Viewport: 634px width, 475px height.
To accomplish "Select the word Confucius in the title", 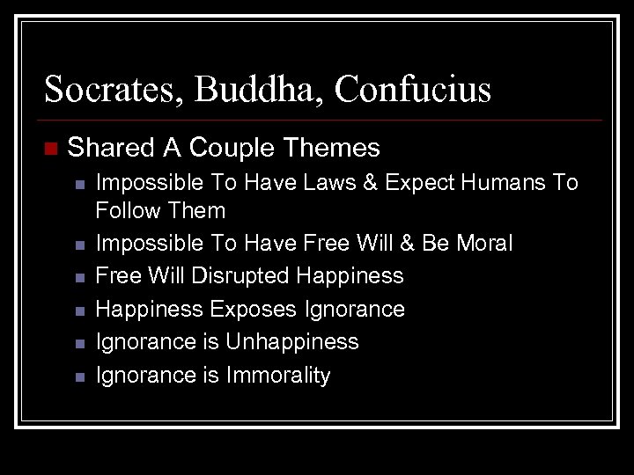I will [413, 89].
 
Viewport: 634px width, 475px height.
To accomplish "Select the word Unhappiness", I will [292, 342].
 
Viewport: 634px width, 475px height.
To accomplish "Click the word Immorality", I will [278, 376].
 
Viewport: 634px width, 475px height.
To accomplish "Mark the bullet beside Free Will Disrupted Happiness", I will [79, 278].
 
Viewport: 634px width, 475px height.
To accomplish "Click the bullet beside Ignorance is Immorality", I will [79, 377].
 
